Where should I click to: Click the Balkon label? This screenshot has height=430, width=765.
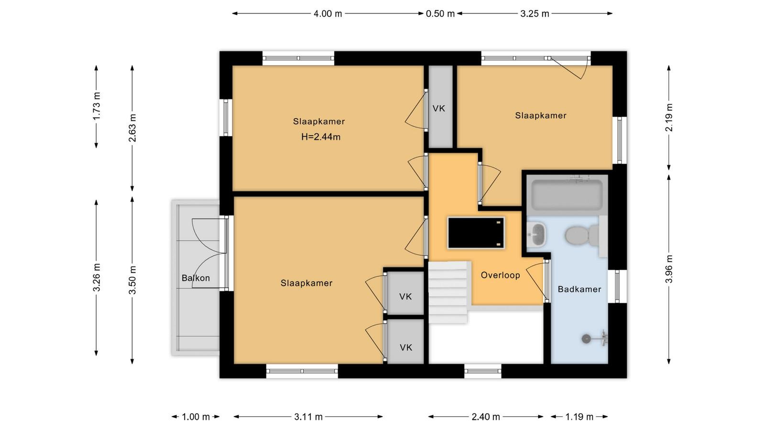pyautogui.click(x=196, y=278)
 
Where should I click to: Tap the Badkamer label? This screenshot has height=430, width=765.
pyautogui.click(x=579, y=290)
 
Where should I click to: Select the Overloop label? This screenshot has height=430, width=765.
pyautogui.click(x=500, y=275)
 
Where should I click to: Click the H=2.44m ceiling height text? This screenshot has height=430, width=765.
pyautogui.click(x=321, y=137)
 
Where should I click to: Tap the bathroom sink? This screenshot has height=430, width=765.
pyautogui.click(x=536, y=235)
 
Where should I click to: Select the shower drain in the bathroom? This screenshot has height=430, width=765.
pyautogui.click(x=586, y=339)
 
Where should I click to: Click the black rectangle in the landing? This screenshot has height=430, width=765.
pyautogui.click(x=476, y=233)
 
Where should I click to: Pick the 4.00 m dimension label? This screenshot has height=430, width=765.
pyautogui.click(x=328, y=14)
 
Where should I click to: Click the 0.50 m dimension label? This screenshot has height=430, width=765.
pyautogui.click(x=440, y=14)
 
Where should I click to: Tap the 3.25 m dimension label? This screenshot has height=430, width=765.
pyautogui.click(x=535, y=14)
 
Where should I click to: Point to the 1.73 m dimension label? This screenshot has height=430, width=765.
pyautogui.click(x=97, y=106)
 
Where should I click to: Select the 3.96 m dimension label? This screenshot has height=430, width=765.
pyautogui.click(x=669, y=269)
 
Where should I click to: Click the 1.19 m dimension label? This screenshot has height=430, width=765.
pyautogui.click(x=579, y=417)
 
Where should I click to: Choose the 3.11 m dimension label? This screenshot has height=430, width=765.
pyautogui.click(x=308, y=417)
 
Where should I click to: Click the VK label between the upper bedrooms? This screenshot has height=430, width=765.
pyautogui.click(x=439, y=108)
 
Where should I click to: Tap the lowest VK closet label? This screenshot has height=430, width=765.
pyautogui.click(x=406, y=347)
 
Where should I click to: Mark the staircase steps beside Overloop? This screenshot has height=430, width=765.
pyautogui.click(x=448, y=292)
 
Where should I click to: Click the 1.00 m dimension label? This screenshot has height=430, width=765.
pyautogui.click(x=196, y=417)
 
